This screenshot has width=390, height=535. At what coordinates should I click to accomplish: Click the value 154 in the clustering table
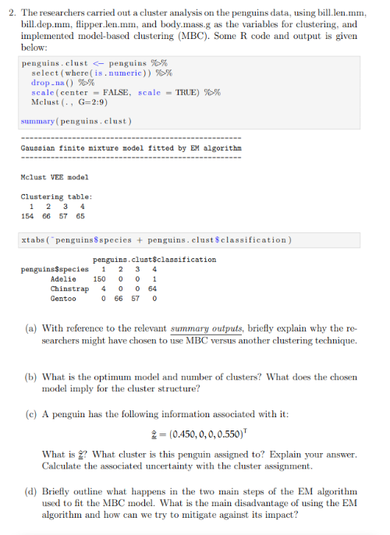tap(28, 215)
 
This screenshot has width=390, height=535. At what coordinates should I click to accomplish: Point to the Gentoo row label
tap(63, 298)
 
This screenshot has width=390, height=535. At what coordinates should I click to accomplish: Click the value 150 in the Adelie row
tap(100, 278)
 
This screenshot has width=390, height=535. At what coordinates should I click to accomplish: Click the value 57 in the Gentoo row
tap(136, 298)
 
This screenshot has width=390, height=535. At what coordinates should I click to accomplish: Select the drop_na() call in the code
tap(50, 82)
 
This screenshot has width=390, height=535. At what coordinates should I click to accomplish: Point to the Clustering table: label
tap(56, 197)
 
